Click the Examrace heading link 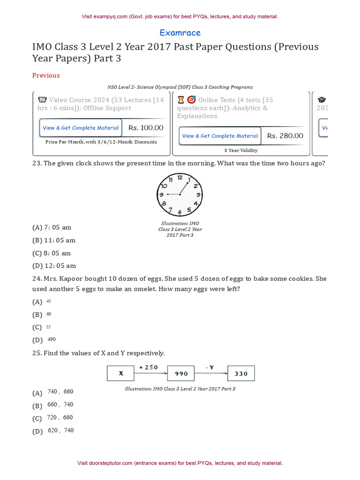[180, 33]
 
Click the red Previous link [46, 75]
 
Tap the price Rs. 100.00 [146, 127]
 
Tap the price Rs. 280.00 [285, 136]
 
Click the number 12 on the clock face [180, 178]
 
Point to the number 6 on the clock [180, 212]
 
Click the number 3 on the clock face [198, 195]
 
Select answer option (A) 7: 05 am [52, 227]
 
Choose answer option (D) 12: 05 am [54, 266]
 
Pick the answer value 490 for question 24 [52, 339]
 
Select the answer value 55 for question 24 [49, 327]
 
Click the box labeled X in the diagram [121, 374]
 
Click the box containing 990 [181, 374]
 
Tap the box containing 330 [241, 374]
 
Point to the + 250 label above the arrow [149, 367]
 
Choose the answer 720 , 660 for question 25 [60, 418]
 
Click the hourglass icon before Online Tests [181, 100]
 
